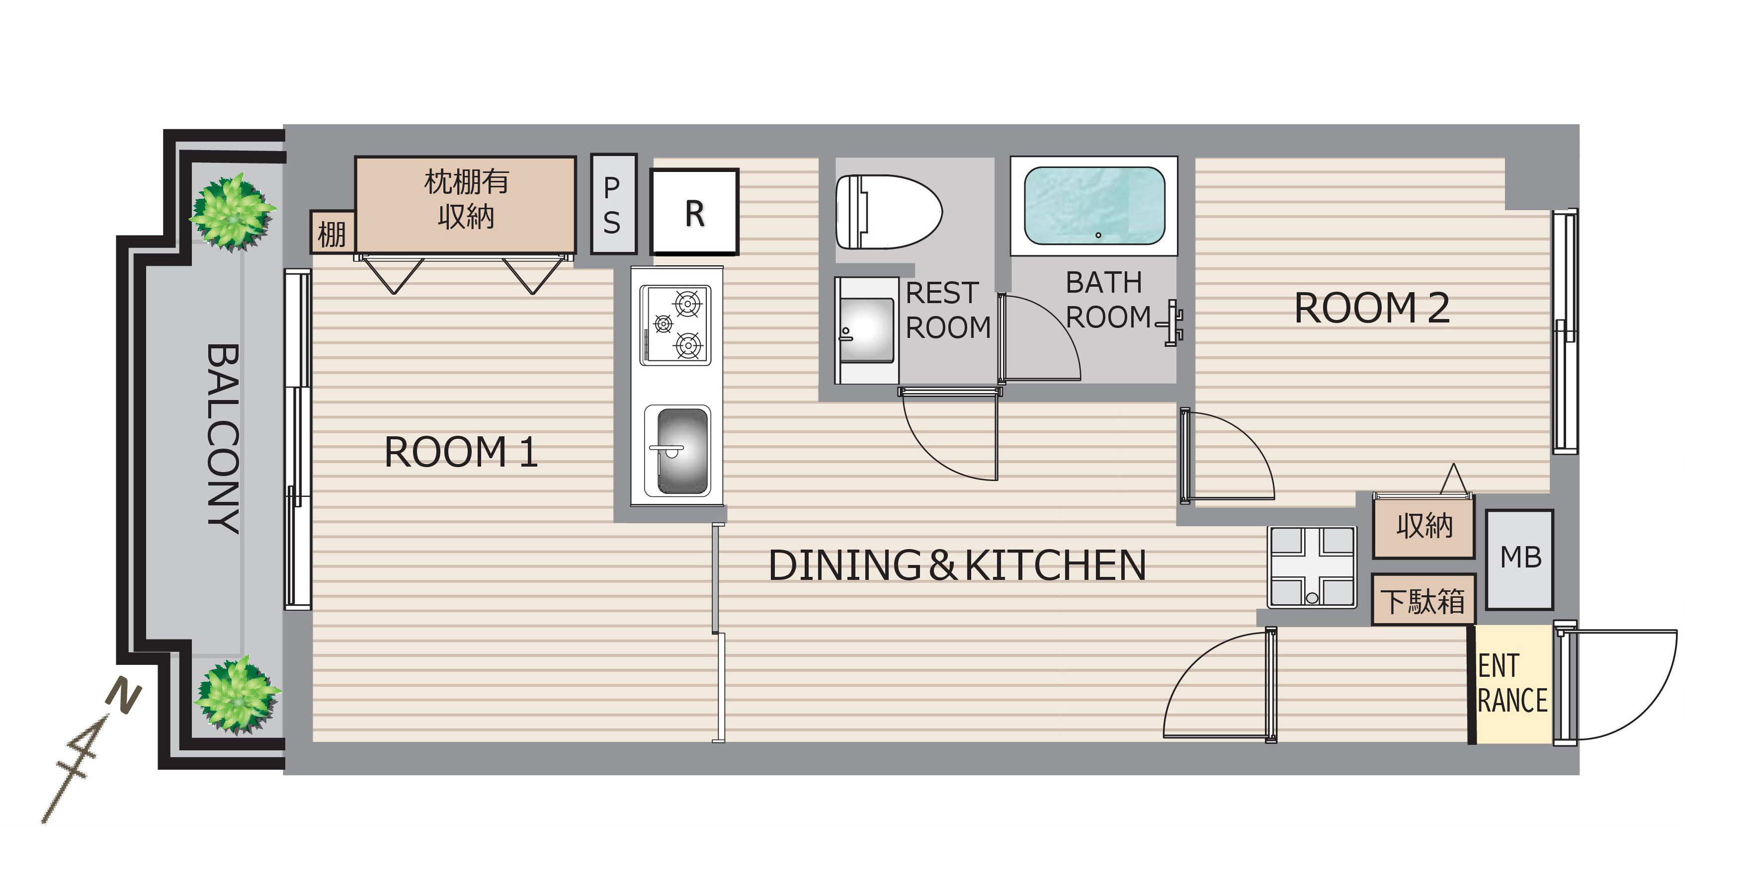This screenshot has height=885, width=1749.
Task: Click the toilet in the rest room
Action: click(x=888, y=212)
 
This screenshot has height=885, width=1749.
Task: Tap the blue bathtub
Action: click(x=1094, y=206)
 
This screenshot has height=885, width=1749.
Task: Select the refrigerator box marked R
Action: click(x=694, y=212)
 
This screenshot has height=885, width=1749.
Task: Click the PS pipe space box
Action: click(x=613, y=204)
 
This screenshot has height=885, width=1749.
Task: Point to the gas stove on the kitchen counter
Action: click(x=675, y=324)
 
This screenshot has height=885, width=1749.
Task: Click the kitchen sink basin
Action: click(x=679, y=451)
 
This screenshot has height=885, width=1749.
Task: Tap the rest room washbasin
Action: click(x=866, y=330)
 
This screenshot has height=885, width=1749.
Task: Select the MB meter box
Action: click(x=1519, y=559)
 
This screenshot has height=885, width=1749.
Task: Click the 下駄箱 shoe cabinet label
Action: click(x=1423, y=601)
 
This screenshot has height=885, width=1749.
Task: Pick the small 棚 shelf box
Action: click(x=332, y=232)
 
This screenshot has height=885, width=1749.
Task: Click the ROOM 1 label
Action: click(x=461, y=452)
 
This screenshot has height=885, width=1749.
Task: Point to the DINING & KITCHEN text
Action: click(x=957, y=565)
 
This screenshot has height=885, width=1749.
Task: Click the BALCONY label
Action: click(x=223, y=438)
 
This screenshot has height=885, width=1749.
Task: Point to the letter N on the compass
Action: click(x=124, y=697)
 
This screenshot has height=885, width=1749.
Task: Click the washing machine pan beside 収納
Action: click(x=1312, y=566)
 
